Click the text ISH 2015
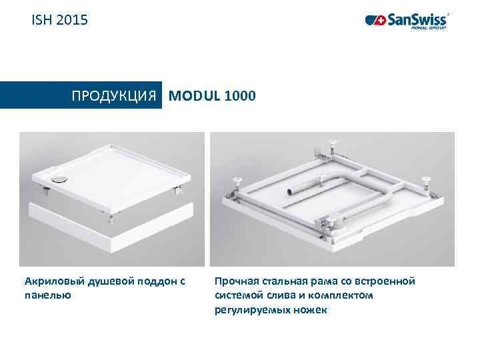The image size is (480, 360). click(59, 21)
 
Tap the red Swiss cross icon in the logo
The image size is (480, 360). click(381, 21)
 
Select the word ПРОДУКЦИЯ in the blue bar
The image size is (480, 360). click(117, 95)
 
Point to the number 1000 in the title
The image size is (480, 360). click(240, 95)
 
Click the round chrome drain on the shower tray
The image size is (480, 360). click(58, 179)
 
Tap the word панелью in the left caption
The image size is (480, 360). click(47, 294)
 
